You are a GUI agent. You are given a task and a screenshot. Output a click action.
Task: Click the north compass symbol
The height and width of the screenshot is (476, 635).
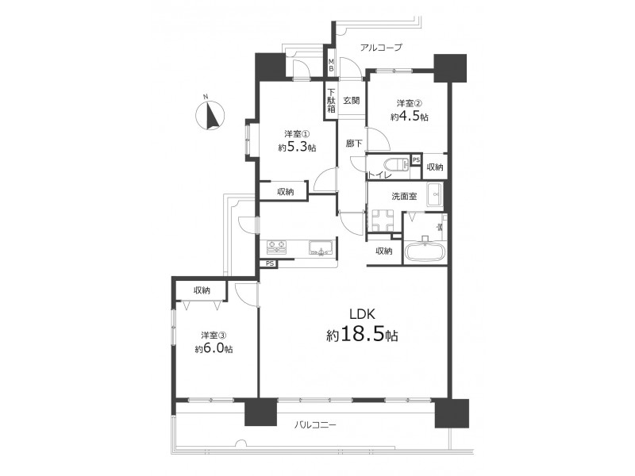tap(210, 115)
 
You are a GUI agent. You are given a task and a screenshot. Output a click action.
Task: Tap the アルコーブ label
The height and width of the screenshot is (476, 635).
tap(381, 48)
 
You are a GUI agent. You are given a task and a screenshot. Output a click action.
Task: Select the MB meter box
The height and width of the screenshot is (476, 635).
tap(331, 65)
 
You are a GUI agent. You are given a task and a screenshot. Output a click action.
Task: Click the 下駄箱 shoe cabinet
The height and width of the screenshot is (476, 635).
tap(331, 101)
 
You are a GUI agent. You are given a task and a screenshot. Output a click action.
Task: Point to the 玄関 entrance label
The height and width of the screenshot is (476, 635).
tap(352, 101)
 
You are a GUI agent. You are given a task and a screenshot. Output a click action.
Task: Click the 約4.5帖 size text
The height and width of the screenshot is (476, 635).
tap(410, 117)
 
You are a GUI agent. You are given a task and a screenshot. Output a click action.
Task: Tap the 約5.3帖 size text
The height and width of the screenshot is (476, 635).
tap(297, 148)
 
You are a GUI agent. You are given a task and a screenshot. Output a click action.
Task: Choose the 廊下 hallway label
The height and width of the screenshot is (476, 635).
tap(354, 144)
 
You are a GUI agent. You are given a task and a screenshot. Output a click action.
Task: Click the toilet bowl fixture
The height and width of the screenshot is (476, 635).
tap(396, 165)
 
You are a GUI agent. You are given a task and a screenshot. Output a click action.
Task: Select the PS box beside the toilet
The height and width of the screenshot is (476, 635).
tap(416, 160)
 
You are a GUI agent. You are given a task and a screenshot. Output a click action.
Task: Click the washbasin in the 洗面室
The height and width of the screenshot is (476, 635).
tap(435, 194)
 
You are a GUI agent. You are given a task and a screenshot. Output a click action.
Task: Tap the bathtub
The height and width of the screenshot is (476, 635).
tap(425, 251)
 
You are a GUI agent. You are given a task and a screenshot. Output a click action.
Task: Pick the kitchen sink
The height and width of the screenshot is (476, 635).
tap(321, 248)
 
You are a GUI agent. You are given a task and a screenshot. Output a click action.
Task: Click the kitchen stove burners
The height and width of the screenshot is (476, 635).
tap(276, 248)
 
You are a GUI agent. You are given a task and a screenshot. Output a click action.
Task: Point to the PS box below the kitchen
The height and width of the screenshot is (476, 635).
tap(270, 263)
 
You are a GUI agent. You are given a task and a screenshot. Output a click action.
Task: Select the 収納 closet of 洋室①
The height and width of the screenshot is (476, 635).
tap(285, 192)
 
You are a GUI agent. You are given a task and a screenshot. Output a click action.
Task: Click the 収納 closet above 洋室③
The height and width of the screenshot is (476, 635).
tap(202, 290)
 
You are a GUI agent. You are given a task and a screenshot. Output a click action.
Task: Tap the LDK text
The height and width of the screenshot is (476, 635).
tap(363, 313)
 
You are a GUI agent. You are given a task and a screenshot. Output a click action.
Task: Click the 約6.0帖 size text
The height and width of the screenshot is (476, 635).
tap(214, 349)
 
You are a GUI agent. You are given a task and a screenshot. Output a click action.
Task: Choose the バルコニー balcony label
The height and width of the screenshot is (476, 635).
tap(314, 425)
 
